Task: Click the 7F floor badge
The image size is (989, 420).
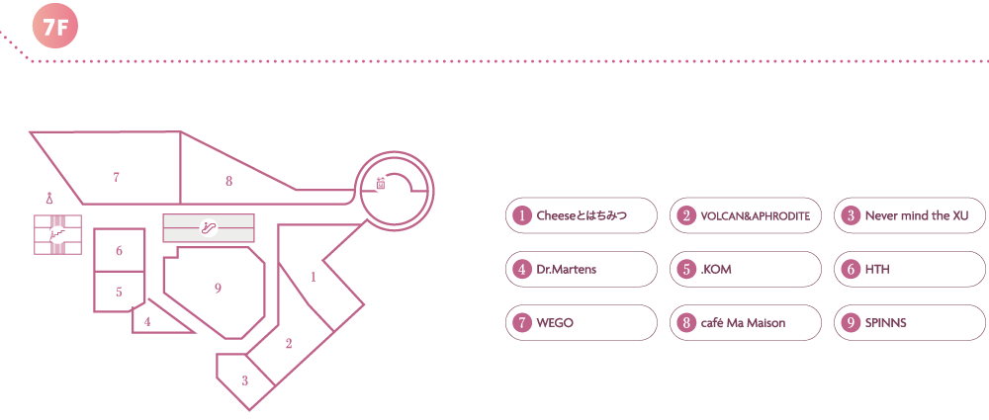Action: [x=55, y=28]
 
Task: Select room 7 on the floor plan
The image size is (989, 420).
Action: [x=117, y=177]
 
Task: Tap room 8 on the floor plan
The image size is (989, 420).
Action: [x=228, y=180]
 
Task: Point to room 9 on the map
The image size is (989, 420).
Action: [x=218, y=288]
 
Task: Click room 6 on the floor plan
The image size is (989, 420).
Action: [x=119, y=251]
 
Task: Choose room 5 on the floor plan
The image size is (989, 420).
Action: [x=119, y=292]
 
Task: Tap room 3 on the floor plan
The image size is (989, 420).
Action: [x=244, y=379]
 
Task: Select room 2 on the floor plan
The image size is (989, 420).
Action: [x=289, y=344]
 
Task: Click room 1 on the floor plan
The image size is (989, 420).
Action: [x=314, y=277]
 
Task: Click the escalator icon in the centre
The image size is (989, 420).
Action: [x=208, y=227]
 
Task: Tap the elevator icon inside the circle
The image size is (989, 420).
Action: [x=381, y=183]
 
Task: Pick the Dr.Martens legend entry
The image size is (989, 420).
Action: [x=582, y=269]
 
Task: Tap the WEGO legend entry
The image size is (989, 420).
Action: [x=582, y=322]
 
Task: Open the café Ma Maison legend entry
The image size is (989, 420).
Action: [x=746, y=322]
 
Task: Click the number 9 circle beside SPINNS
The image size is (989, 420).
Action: [x=850, y=322]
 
